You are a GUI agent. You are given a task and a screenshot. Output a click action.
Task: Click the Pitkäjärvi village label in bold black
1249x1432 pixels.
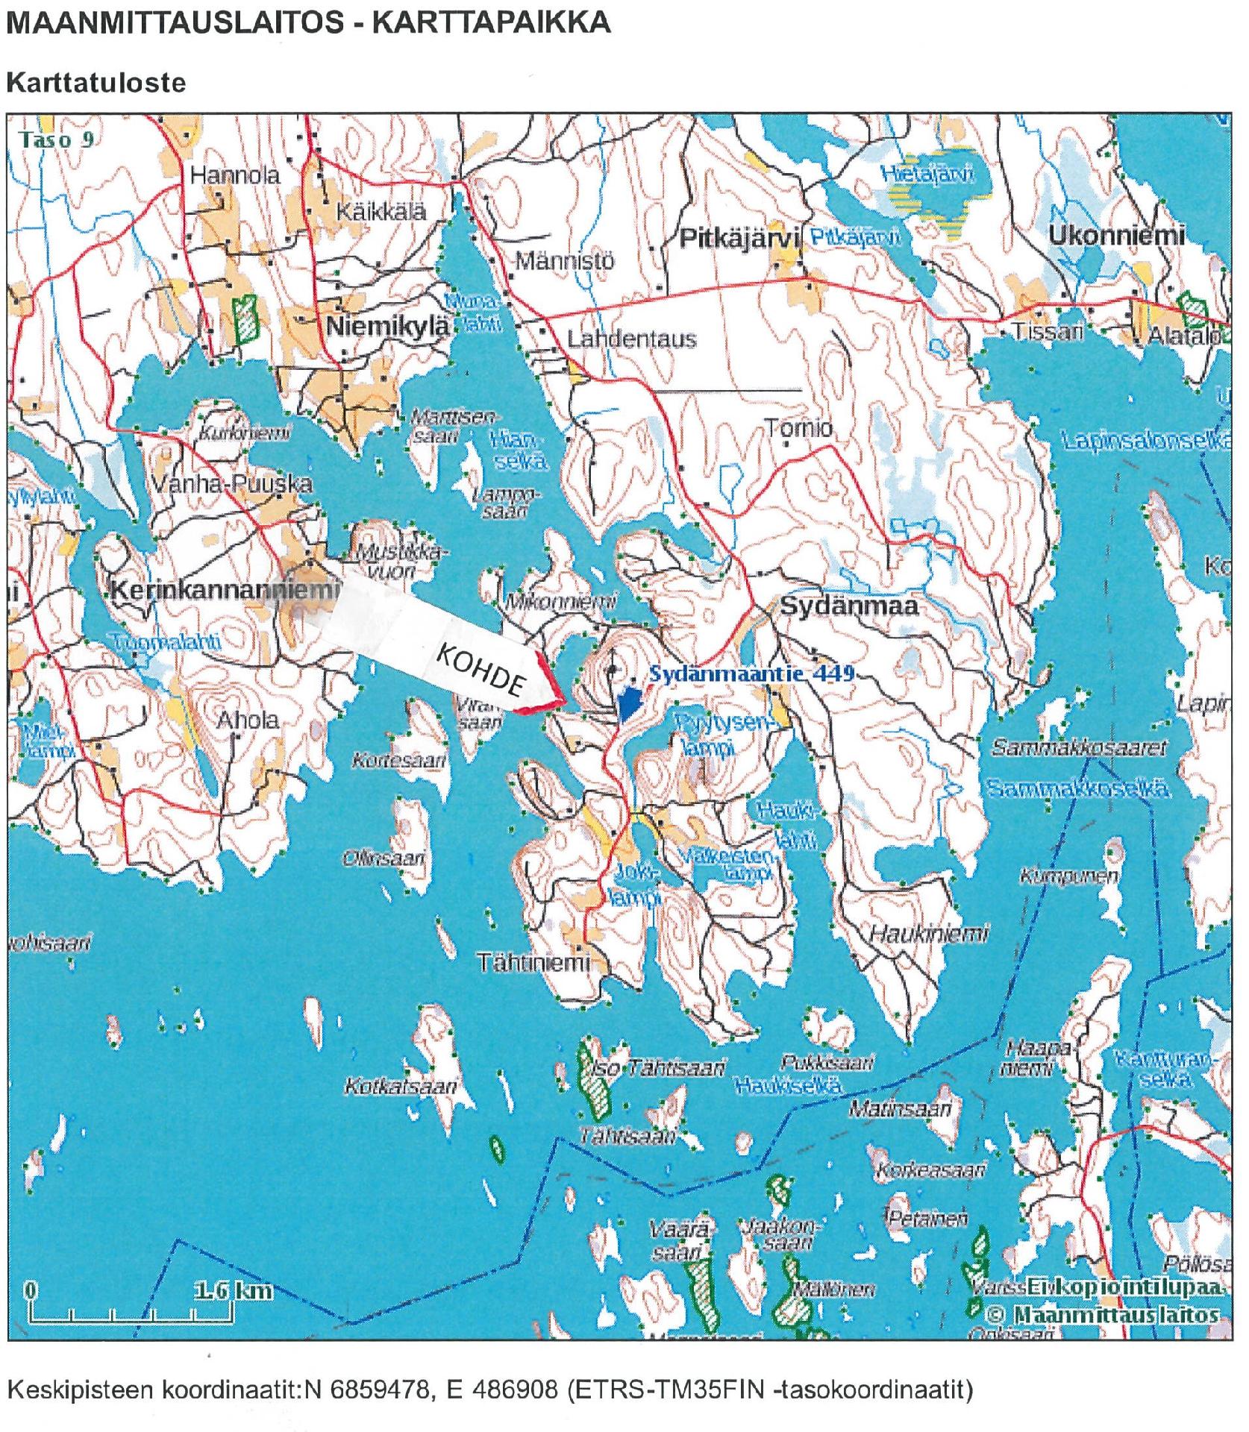click(x=739, y=239)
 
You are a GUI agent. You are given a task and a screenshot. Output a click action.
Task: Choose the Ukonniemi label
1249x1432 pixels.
click(x=1116, y=236)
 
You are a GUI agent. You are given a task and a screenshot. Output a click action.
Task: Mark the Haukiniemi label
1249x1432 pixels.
click(x=928, y=933)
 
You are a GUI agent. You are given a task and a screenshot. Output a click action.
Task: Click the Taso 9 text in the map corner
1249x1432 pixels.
click(x=57, y=139)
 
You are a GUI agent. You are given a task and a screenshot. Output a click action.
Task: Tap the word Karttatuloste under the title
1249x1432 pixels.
click(x=96, y=83)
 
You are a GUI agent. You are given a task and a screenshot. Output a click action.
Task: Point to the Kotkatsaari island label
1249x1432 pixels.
click(x=400, y=1086)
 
